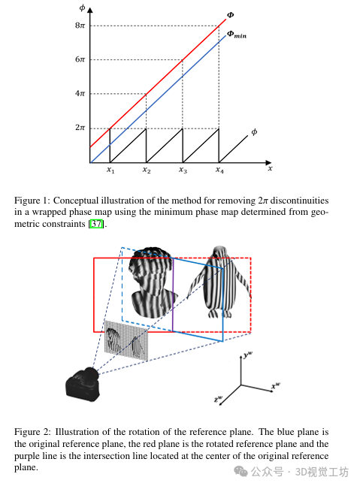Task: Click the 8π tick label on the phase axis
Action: [x=80, y=25]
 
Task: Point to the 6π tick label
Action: [x=80, y=59]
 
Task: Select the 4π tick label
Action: [x=80, y=93]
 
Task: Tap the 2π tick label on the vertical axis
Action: [x=80, y=128]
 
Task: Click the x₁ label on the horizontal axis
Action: [x=110, y=170]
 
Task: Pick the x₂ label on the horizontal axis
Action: [x=147, y=170]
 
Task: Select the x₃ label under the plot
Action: [x=183, y=170]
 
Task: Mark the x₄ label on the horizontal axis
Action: [x=219, y=170]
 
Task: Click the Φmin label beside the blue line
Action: [x=237, y=35]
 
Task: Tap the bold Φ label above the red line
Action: [x=231, y=15]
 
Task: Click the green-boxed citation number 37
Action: [x=96, y=224]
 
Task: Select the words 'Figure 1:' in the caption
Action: [x=32, y=201]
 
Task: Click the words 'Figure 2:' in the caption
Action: [x=32, y=432]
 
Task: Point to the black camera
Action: [x=83, y=385]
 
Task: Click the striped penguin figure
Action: [x=219, y=282]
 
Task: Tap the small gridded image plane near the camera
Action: [x=126, y=340]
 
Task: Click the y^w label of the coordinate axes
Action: [x=248, y=354]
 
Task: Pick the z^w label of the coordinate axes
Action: [x=218, y=399]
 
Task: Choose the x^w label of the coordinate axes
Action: [x=276, y=385]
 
